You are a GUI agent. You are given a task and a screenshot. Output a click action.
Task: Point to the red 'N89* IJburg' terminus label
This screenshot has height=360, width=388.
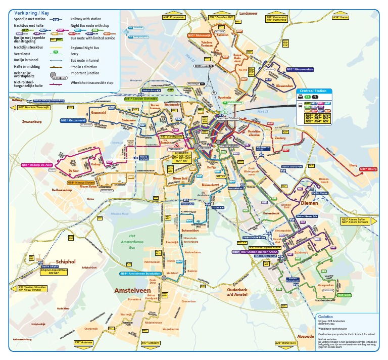pos(368,169)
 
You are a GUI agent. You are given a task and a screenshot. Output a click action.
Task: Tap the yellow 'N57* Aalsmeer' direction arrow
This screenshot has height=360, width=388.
pos(84,342)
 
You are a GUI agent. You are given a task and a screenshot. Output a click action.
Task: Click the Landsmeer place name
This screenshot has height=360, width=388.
pos(249,14)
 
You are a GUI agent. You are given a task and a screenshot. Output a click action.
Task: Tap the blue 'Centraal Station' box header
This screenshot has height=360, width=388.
pos(313,92)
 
